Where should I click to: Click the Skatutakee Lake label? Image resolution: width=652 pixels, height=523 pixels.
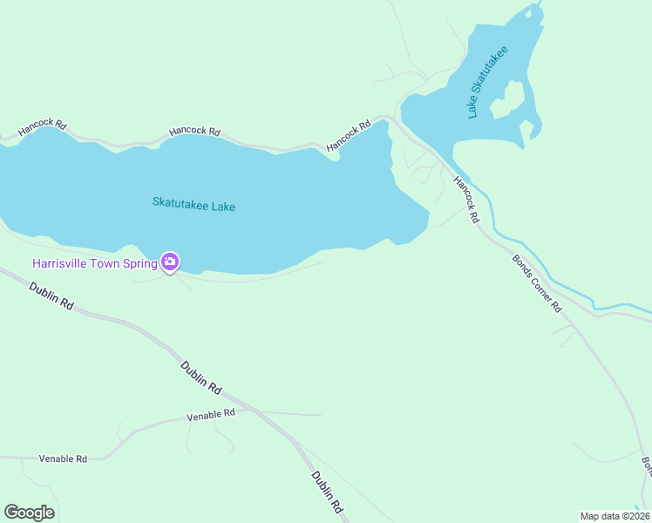(x=194, y=206)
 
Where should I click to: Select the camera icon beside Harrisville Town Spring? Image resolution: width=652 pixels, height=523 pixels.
(x=170, y=261)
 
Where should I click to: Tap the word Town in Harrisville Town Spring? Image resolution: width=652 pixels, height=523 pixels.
(x=108, y=262)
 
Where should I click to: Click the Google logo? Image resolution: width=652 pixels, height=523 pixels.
(x=29, y=513)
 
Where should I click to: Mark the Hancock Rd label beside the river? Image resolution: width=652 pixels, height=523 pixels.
(x=466, y=200)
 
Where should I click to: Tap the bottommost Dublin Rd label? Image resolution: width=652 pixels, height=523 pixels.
(x=327, y=492)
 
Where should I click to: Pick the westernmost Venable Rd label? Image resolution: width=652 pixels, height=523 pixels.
(x=63, y=458)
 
